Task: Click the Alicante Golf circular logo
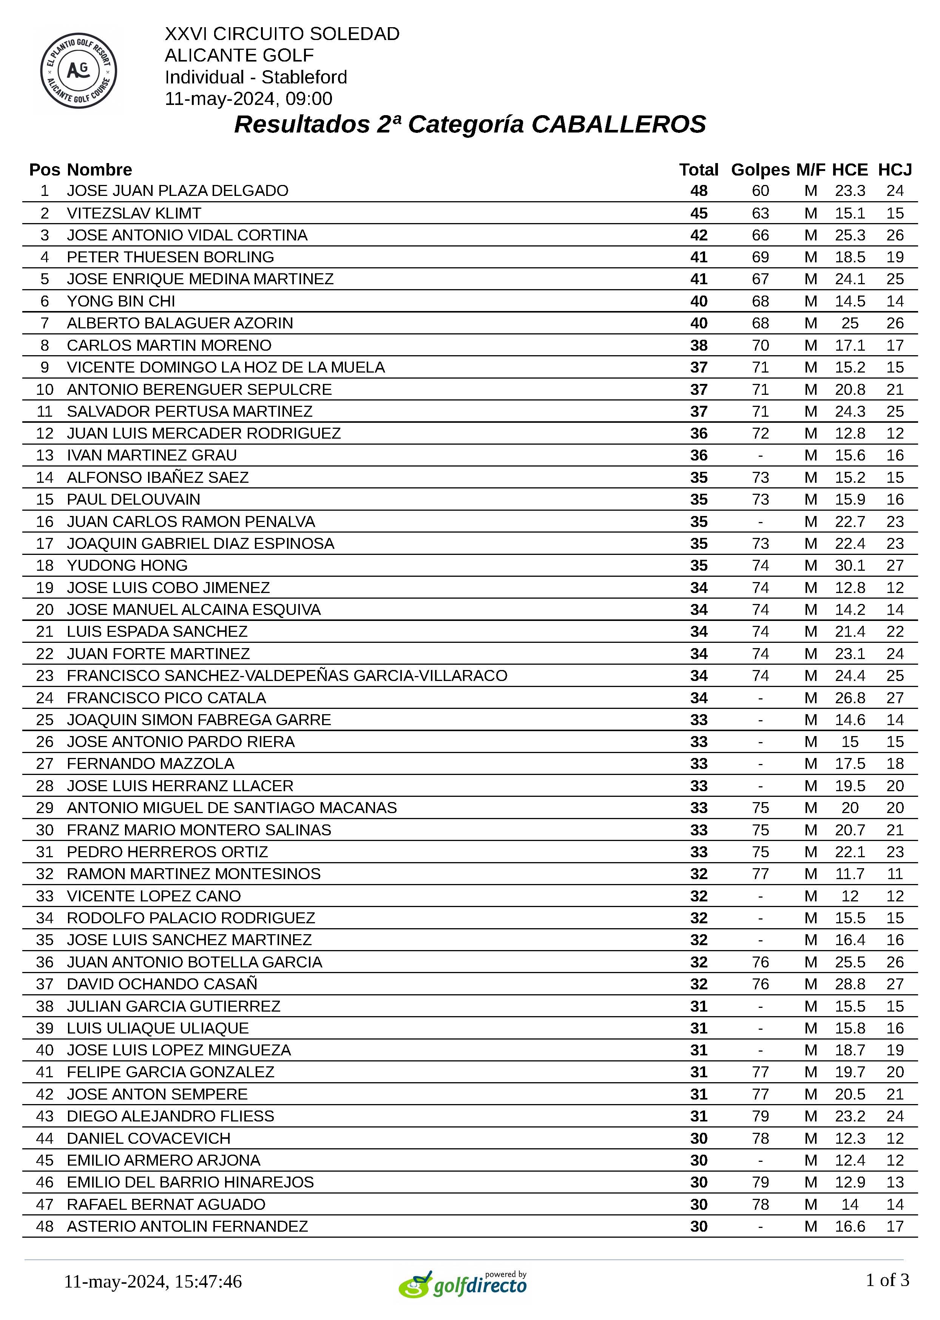[x=79, y=71]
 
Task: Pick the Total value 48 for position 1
[x=699, y=191]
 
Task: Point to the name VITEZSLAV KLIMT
[x=134, y=213]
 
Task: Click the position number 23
[x=45, y=676]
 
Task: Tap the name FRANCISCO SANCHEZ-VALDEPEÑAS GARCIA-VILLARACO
[x=287, y=676]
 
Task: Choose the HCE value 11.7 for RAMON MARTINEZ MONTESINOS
[x=850, y=873]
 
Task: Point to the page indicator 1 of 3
[x=887, y=1280]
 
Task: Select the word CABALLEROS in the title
[x=618, y=124]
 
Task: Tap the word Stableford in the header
[x=304, y=77]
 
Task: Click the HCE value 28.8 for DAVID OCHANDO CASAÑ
[x=850, y=984]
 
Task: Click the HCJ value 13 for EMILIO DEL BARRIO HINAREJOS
[x=894, y=1182]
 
